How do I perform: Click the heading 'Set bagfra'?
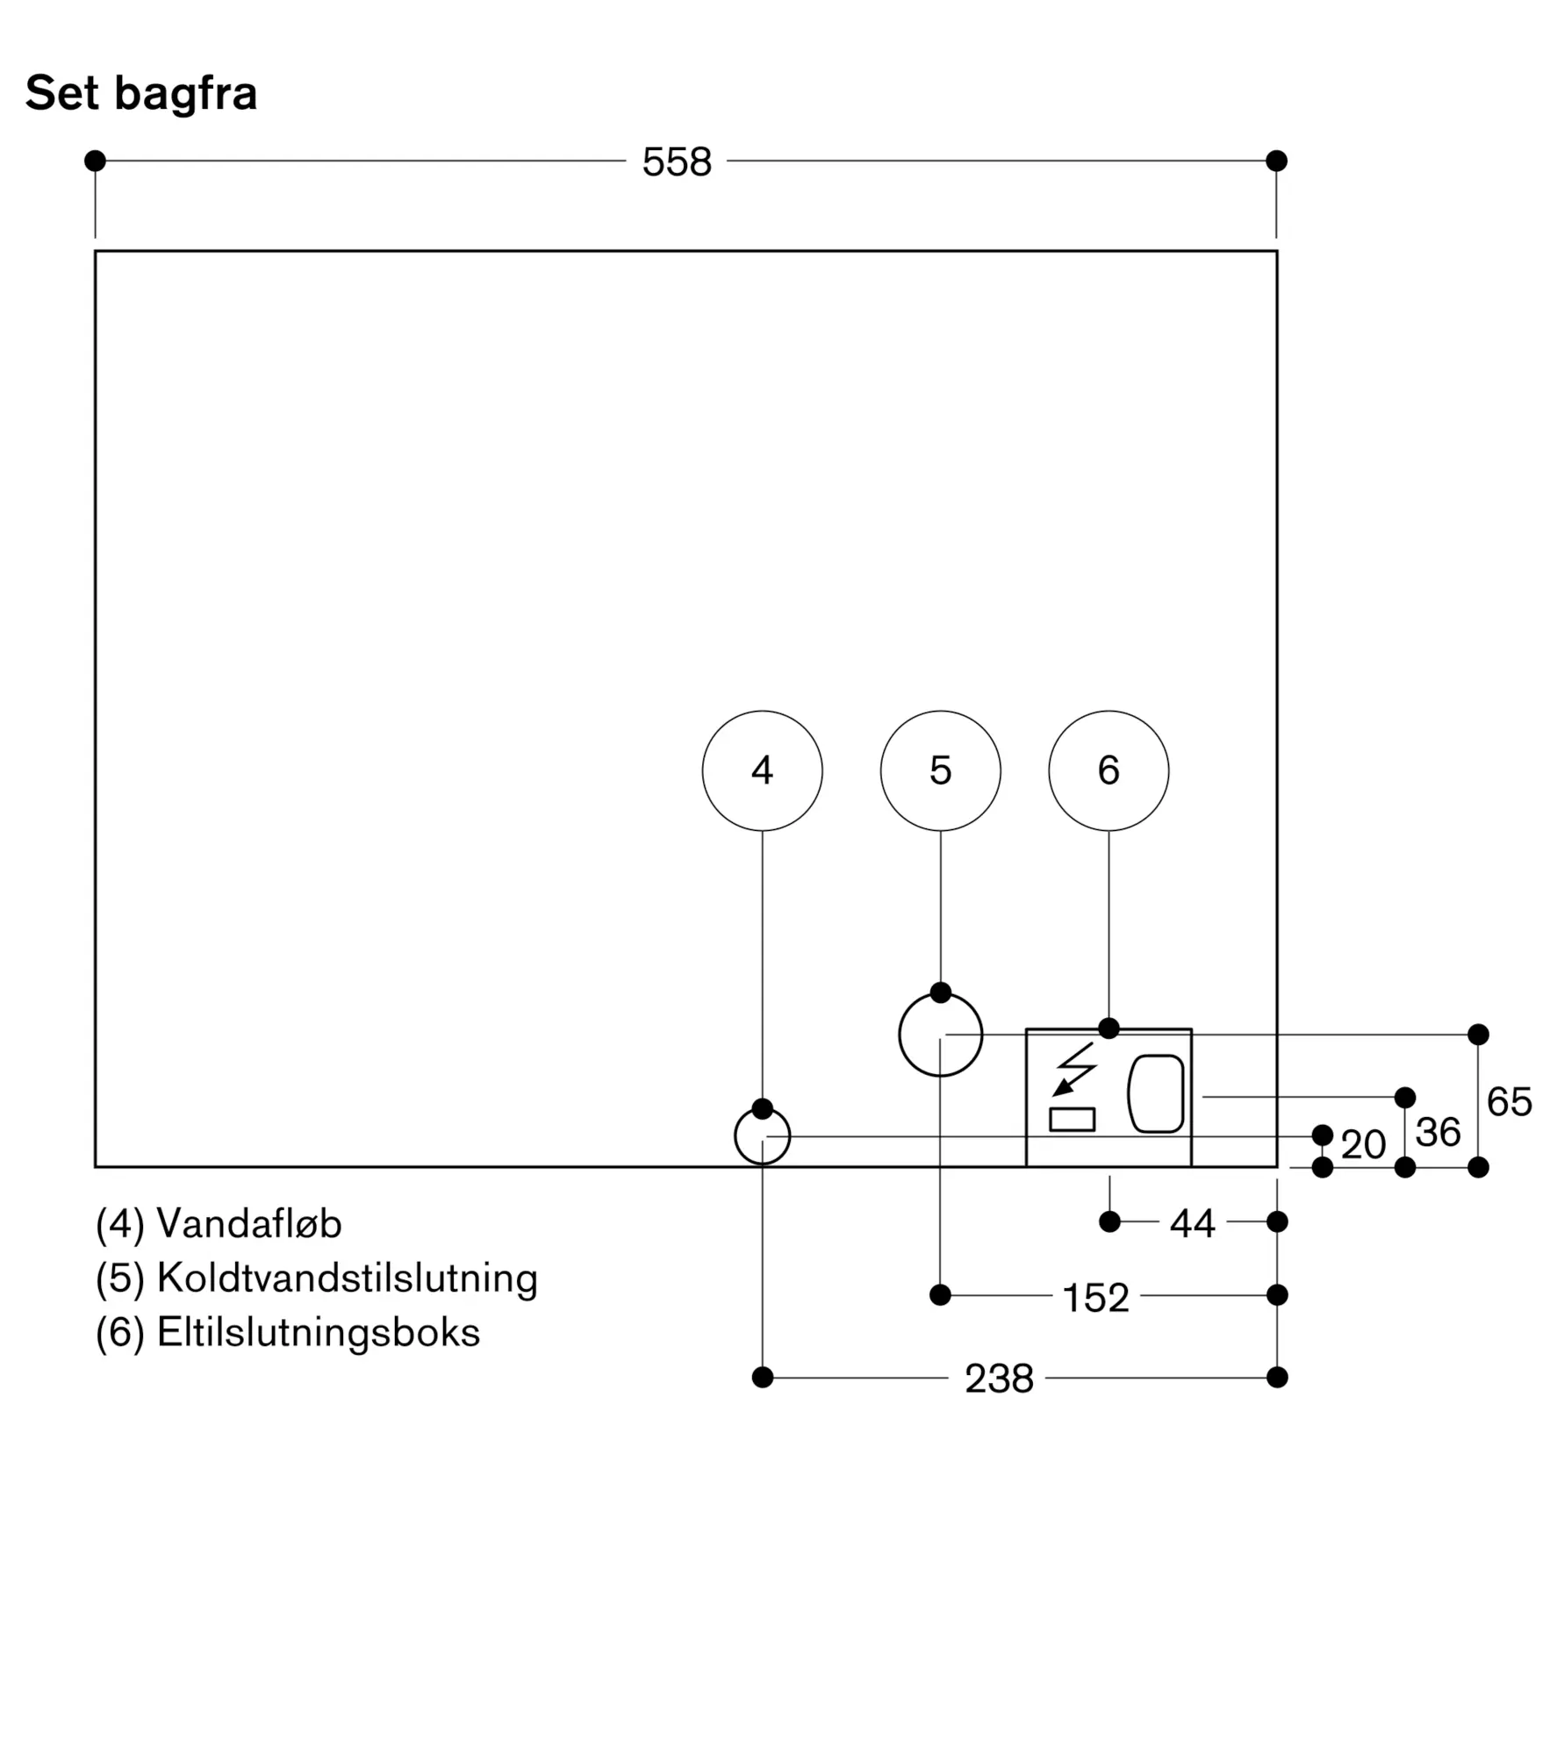(141, 93)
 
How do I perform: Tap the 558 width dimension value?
(677, 162)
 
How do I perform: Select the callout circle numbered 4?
(762, 770)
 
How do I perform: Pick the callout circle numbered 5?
(940, 770)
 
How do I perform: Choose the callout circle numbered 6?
(1109, 770)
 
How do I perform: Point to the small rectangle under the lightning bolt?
(1072, 1120)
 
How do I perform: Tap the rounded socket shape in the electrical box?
(1156, 1093)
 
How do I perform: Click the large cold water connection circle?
(940, 1035)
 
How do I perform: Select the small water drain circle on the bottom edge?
(762, 1136)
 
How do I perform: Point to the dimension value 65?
(1509, 1102)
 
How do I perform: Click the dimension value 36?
(1438, 1133)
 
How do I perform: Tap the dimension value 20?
(1363, 1145)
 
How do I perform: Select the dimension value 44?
(1192, 1223)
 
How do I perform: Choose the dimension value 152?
(1095, 1298)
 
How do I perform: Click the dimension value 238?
(999, 1379)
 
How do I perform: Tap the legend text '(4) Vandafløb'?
(219, 1223)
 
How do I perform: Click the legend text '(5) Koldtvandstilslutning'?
(316, 1278)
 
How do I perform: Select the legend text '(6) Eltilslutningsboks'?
(288, 1332)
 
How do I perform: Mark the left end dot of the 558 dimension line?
(95, 161)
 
